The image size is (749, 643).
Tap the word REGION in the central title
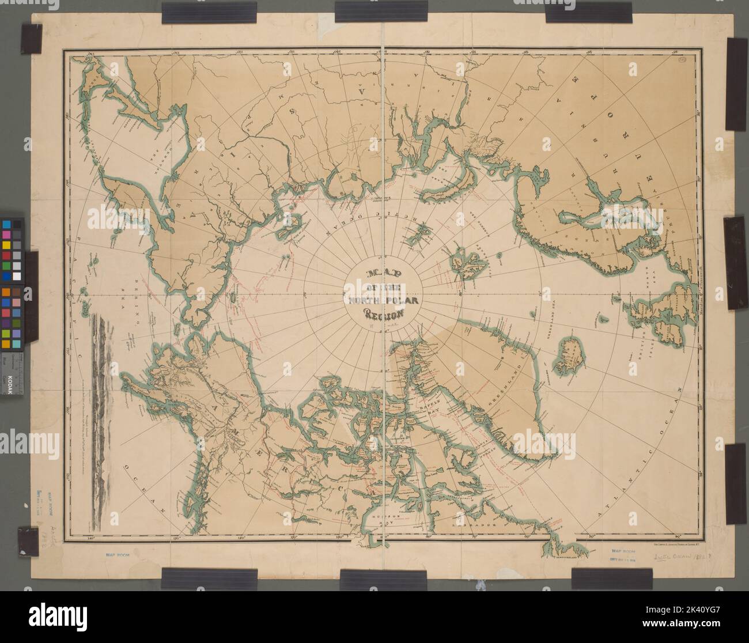(x=383, y=314)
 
